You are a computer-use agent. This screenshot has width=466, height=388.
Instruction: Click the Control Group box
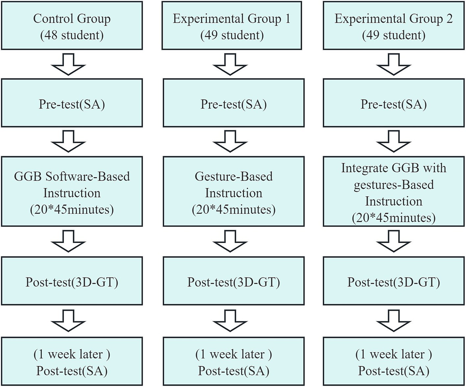click(x=72, y=26)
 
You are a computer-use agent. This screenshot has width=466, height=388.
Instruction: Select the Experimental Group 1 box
click(x=232, y=26)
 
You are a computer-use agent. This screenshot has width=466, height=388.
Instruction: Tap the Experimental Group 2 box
click(x=394, y=26)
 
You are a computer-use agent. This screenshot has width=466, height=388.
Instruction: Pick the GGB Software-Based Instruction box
click(x=72, y=191)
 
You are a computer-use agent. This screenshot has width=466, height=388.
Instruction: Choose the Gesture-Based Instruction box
click(x=233, y=191)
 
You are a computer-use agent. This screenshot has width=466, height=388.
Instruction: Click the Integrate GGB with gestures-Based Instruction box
click(x=394, y=191)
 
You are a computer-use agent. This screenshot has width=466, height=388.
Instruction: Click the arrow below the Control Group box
click(x=68, y=64)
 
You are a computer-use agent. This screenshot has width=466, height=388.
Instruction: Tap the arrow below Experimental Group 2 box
click(x=394, y=64)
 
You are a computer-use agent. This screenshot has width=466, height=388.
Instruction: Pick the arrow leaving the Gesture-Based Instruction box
click(x=230, y=241)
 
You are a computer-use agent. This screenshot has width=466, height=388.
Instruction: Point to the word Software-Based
click(x=87, y=177)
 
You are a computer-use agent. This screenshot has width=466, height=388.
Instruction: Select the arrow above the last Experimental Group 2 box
click(x=394, y=321)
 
